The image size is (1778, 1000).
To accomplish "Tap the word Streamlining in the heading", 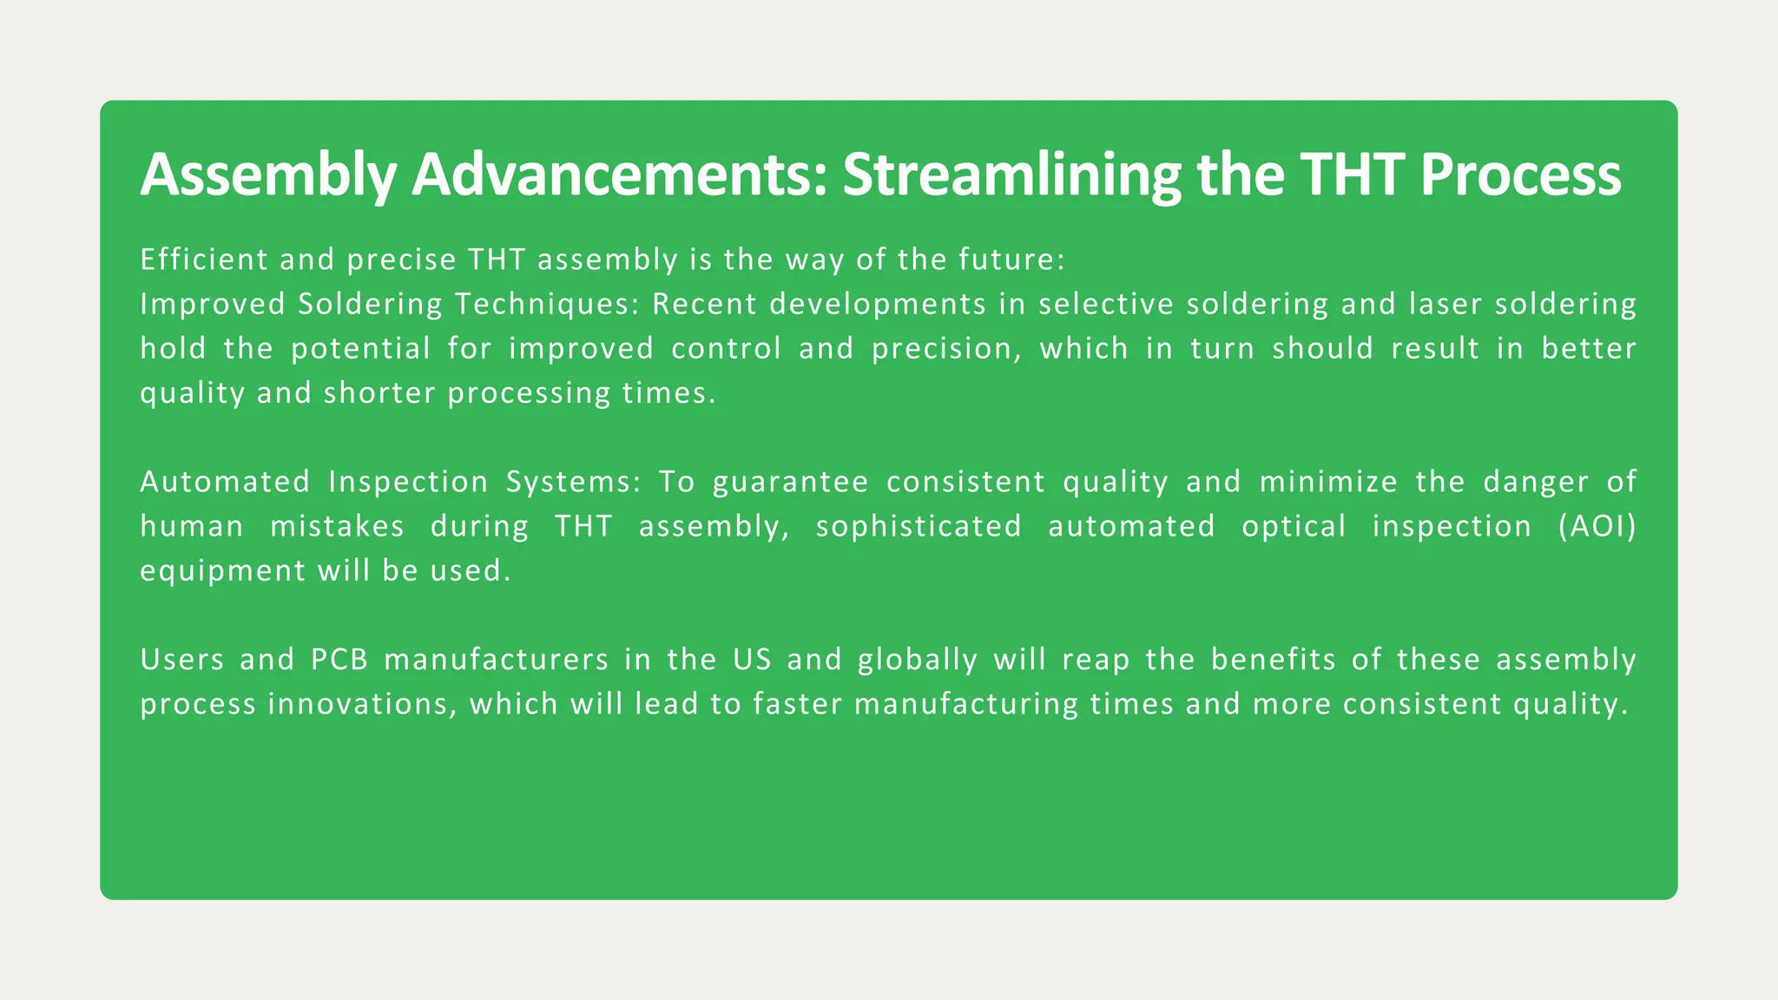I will (x=1011, y=175).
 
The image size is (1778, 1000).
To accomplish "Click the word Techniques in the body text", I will (x=547, y=305).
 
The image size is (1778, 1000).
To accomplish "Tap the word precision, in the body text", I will (x=943, y=349).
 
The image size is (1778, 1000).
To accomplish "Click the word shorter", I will (x=379, y=393).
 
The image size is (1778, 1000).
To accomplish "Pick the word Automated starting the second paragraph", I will (x=225, y=482).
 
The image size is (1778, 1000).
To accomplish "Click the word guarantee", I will (x=790, y=482).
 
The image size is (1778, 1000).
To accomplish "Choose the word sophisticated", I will (x=919, y=527).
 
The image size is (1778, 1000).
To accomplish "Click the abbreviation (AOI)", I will (x=1597, y=527).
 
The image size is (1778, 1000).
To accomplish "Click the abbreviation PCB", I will (x=339, y=660).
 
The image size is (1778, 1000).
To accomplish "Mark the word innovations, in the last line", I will (x=362, y=704).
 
